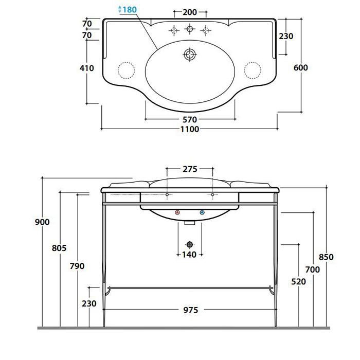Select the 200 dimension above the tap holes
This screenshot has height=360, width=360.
pos(190,12)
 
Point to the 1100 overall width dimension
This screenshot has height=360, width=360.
pos(190,129)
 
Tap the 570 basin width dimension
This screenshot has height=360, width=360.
pos(190,119)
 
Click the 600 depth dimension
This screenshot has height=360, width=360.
pos(301,67)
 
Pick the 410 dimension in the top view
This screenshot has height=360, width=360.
pos(87,68)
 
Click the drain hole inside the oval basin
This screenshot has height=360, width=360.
pos(190,55)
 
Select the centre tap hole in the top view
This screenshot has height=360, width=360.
pos(190,29)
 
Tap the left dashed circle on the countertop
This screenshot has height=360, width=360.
pos(127,70)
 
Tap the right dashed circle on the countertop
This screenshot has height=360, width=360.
pos(253,70)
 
